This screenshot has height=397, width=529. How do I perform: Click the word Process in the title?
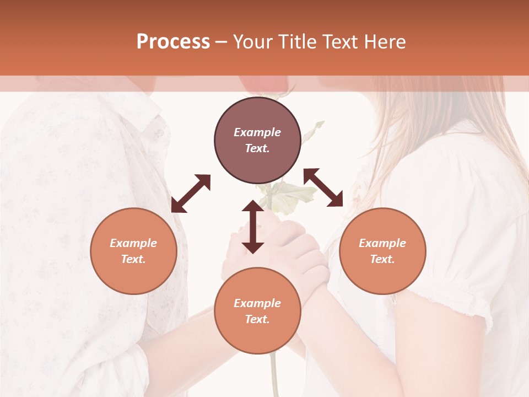pos(173,42)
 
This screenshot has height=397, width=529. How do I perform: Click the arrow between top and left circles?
pos(191,194)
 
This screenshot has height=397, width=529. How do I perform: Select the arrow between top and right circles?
pos(323,187)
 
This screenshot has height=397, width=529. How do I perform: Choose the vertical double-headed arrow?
pos(253,227)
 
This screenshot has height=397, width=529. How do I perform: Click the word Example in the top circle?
pos(257,132)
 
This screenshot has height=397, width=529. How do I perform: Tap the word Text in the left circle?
pos(133,259)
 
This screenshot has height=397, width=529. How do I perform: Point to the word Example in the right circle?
pos(382,243)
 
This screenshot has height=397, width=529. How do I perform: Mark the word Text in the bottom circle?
pos(257,319)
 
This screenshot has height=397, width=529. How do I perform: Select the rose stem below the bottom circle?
pos(273,375)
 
